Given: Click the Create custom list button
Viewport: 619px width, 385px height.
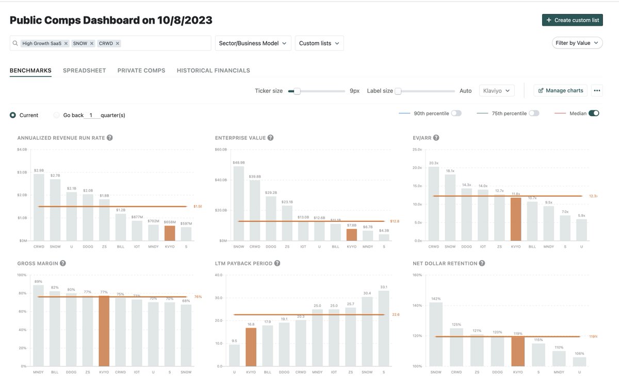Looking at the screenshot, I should pos(572,20).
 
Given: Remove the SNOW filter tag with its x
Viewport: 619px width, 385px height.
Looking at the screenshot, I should pos(92,43).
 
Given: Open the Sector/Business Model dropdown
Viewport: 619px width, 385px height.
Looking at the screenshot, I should pos(253,43).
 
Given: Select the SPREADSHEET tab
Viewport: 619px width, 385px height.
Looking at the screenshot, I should pos(84,71).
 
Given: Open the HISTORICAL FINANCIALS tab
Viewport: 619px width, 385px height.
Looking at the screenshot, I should pos(213,71).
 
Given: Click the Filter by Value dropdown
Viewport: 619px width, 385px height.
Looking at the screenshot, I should pos(577,43).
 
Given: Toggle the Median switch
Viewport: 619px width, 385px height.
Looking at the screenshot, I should pos(593,114).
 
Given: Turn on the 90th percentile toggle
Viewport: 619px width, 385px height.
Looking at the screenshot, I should pos(456,114).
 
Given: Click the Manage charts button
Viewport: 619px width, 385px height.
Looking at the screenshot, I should pos(560,91).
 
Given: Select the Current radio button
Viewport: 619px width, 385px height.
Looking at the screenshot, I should pos(13,115).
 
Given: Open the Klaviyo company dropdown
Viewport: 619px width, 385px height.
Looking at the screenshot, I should pos(496,91).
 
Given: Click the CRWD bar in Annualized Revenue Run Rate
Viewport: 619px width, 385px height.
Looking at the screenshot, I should pos(39,207).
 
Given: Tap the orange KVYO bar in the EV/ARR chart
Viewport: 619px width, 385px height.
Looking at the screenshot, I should pos(515,219).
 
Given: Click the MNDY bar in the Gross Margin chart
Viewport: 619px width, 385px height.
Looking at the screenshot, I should pos(39,325).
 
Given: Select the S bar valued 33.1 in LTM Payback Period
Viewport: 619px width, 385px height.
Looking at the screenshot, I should pos(384,328).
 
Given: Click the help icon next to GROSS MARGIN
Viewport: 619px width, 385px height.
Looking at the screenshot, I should pos(63,263).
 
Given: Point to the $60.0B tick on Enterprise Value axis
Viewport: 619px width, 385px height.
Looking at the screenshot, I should pos(221,150).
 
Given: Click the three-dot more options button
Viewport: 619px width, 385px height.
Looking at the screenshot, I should pos(597,91).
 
